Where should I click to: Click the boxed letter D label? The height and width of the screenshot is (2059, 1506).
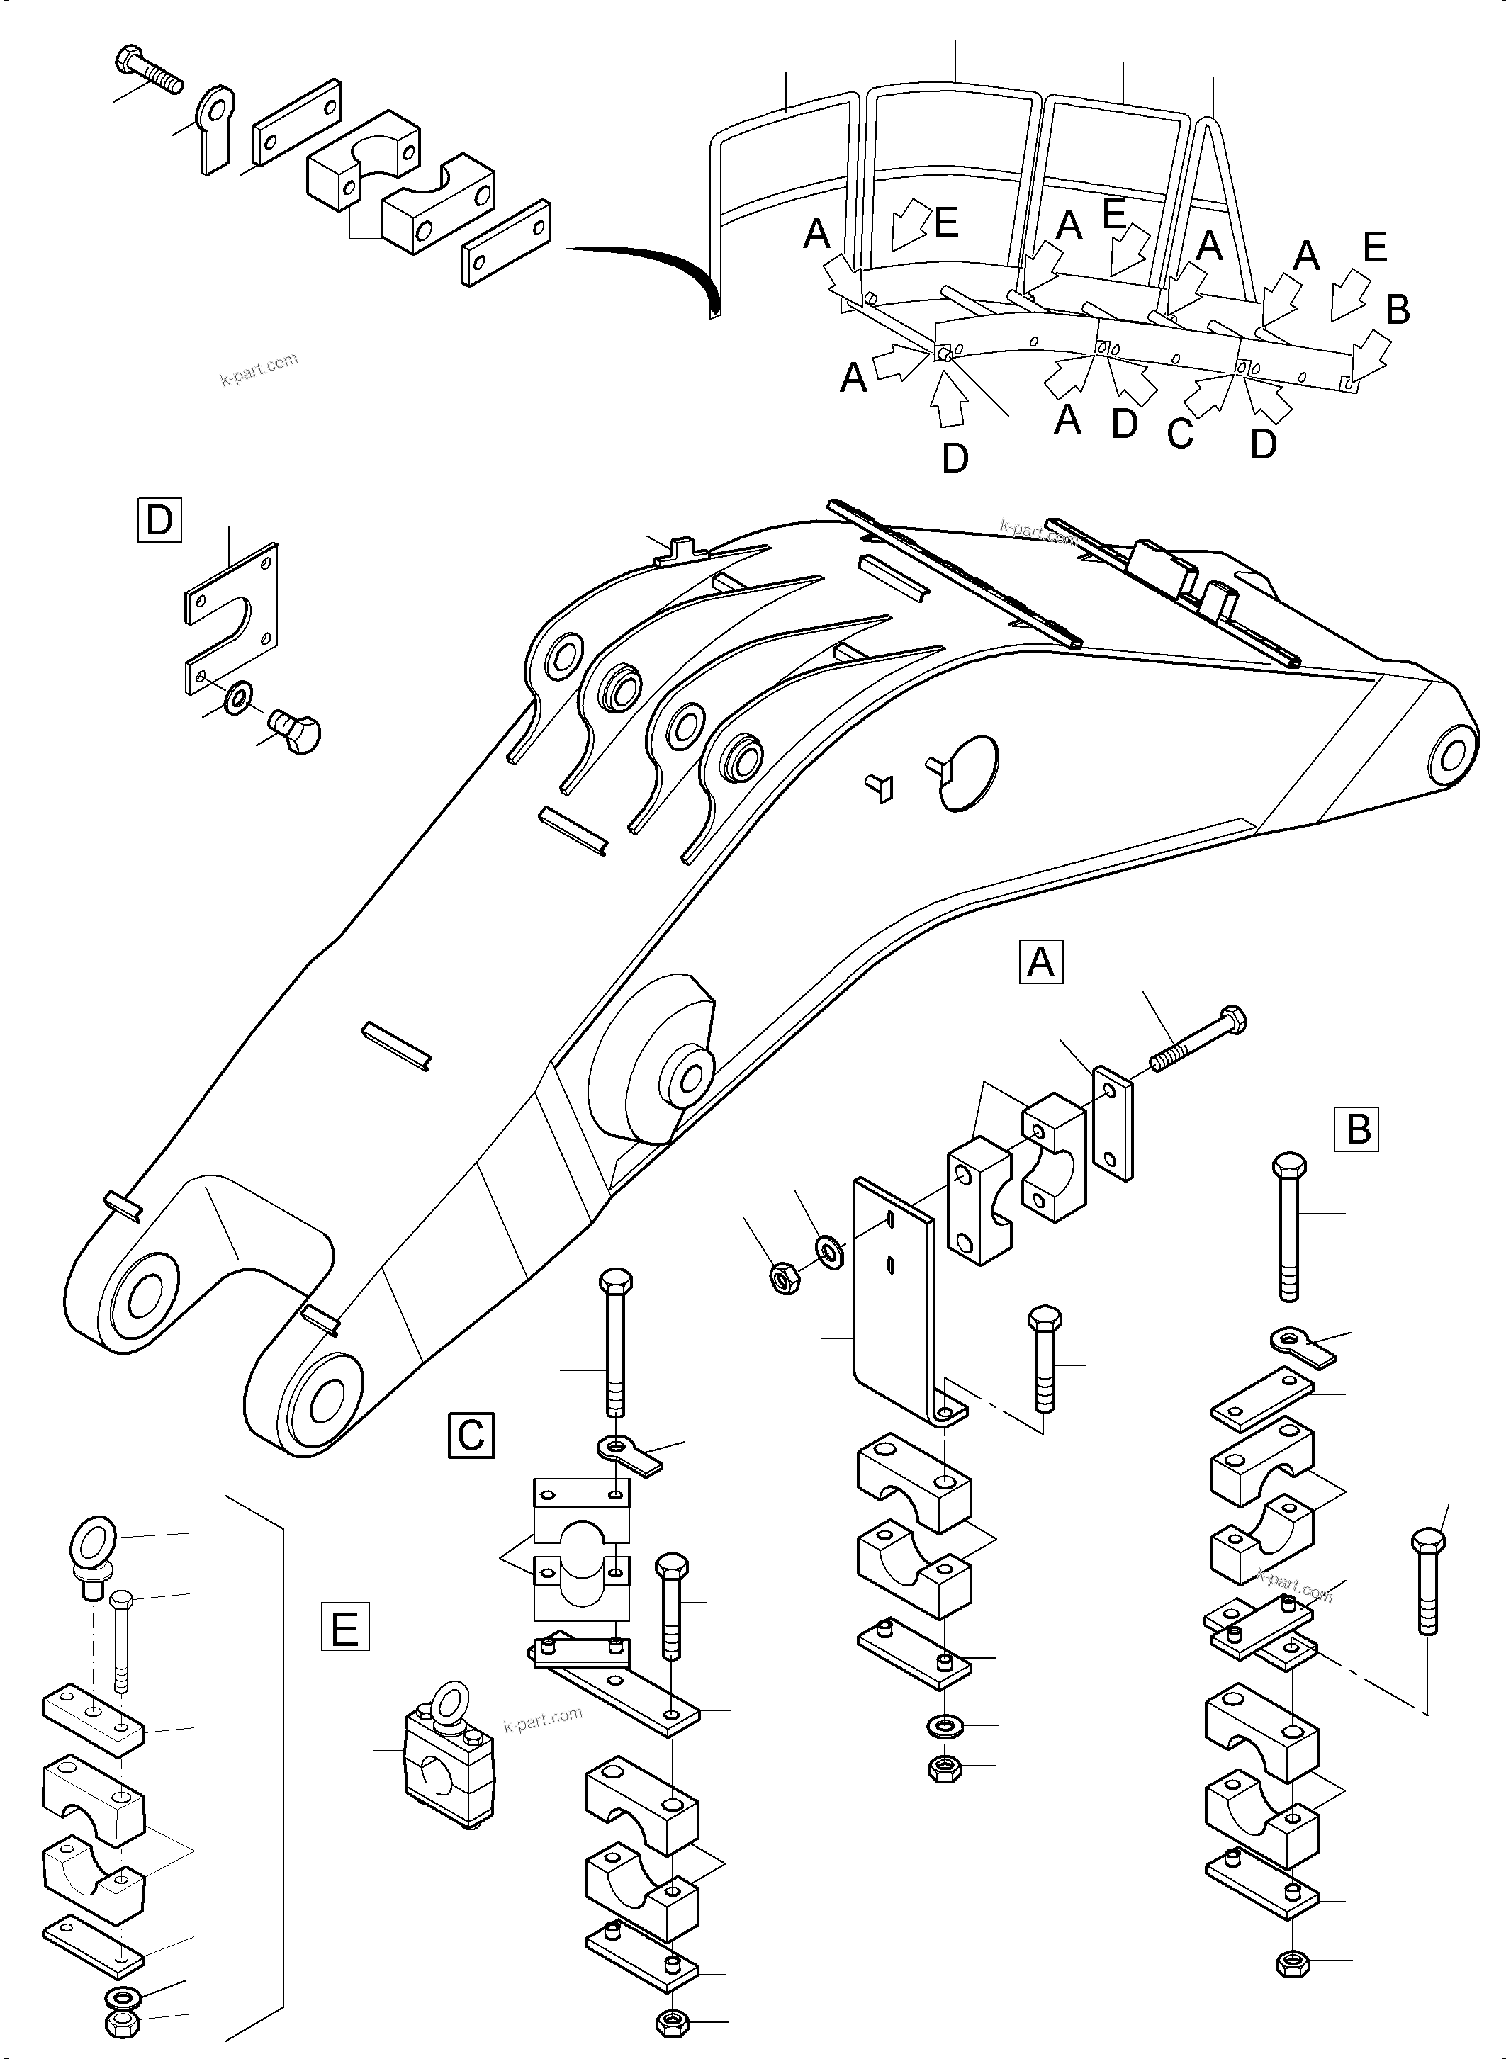coord(159,521)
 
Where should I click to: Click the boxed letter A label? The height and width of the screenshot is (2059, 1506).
coord(1041,962)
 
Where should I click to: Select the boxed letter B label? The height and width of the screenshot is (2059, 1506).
coord(1357,1129)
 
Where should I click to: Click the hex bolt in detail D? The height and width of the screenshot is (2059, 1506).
coord(296,732)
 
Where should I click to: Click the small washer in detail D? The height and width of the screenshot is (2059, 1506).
coord(240,698)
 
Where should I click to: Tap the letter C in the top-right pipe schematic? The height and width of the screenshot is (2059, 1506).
coord(1179,434)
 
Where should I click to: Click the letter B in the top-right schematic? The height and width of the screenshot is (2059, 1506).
coord(1397,310)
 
